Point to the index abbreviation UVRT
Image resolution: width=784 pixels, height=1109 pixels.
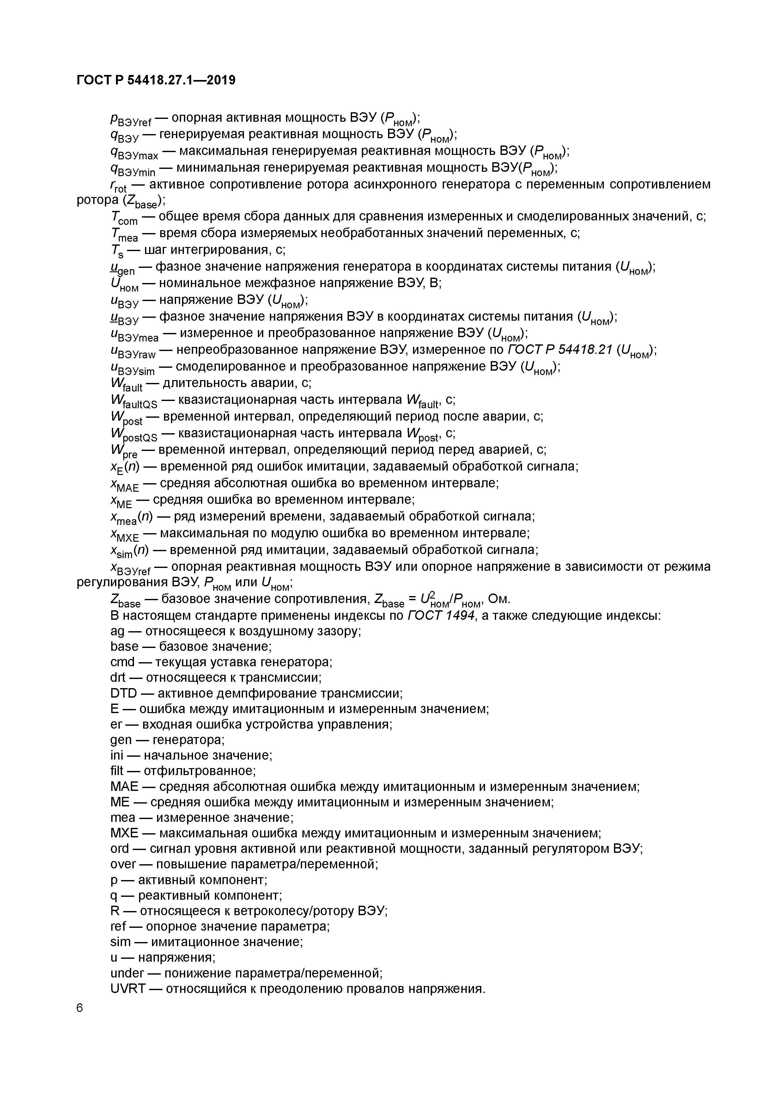pyautogui.click(x=128, y=989)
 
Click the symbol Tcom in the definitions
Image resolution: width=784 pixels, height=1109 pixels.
pyautogui.click(x=124, y=218)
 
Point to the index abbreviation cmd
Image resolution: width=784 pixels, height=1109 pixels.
pyautogui.click(x=122, y=662)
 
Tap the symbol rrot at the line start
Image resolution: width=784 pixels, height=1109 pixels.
pyautogui.click(x=118, y=186)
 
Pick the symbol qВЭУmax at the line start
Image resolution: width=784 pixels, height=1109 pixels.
pyautogui.click(x=134, y=153)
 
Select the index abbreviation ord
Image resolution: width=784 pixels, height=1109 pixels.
pyautogui.click(x=120, y=849)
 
